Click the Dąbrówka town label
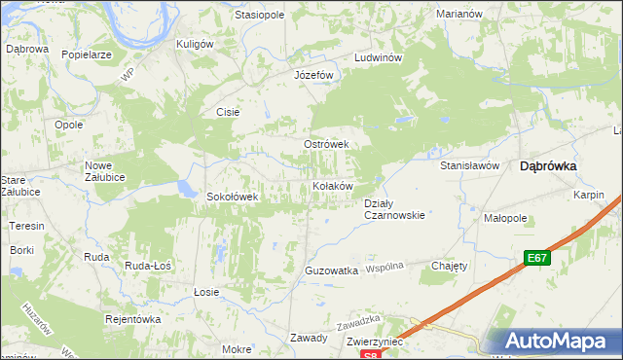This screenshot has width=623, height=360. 549,166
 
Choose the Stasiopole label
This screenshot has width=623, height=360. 259,16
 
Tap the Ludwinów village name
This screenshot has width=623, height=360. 379,57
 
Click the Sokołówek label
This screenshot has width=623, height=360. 232,197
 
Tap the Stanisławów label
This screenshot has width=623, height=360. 469,166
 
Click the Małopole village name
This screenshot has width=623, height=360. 505,219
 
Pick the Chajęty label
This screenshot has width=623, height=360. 450,266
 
